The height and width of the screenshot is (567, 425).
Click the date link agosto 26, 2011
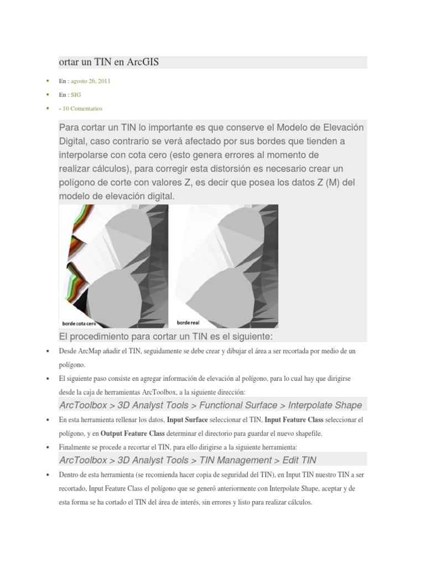coord(90,81)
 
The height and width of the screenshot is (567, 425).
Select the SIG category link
coord(76,95)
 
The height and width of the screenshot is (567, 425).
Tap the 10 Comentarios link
coord(82,109)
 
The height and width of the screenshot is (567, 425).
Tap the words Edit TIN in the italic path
coord(299,460)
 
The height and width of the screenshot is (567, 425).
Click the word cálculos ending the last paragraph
coord(299,503)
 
